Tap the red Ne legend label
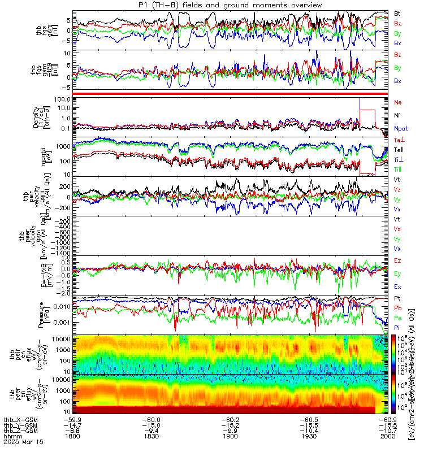pyautogui.click(x=397, y=102)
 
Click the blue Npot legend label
pyautogui.click(x=400, y=128)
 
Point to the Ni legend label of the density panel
pyautogui.click(x=397, y=115)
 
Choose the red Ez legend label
pyautogui.click(x=397, y=260)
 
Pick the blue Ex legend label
pyautogui.click(x=397, y=286)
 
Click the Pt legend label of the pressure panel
pyautogui.click(x=397, y=298)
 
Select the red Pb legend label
pyautogui.click(x=397, y=309)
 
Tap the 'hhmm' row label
pyautogui.click(x=11, y=436)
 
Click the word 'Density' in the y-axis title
pyautogui.click(x=52, y=116)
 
